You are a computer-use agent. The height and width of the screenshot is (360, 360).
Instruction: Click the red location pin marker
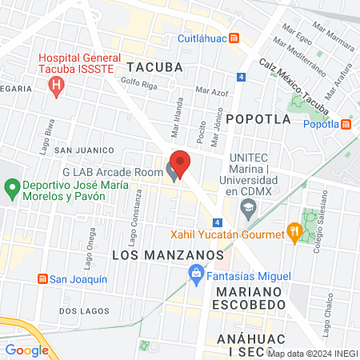(181, 162)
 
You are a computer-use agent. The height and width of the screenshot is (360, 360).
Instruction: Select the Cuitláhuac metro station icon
(234, 38)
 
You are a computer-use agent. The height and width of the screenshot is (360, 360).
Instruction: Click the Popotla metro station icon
(346, 124)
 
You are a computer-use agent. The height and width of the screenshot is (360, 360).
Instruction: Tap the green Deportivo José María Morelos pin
(12, 190)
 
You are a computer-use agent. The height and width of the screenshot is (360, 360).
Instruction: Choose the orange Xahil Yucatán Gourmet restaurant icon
(295, 234)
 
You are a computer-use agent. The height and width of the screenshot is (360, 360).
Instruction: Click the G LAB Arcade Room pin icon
(172, 171)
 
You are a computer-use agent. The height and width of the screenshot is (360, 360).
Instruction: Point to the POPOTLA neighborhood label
(258, 118)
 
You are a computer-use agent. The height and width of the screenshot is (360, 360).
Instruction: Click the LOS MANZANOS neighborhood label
(167, 254)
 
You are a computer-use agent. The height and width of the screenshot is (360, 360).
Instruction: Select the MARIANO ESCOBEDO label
(250, 297)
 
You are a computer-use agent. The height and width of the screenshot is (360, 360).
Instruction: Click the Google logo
(26, 350)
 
